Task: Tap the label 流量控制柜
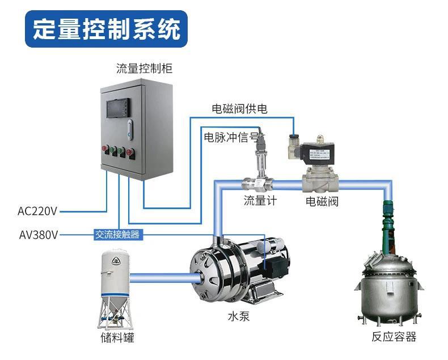click(144, 69)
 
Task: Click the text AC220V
click(37, 211)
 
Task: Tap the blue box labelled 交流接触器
click(117, 234)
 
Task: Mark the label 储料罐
click(117, 338)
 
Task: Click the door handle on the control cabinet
click(132, 130)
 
